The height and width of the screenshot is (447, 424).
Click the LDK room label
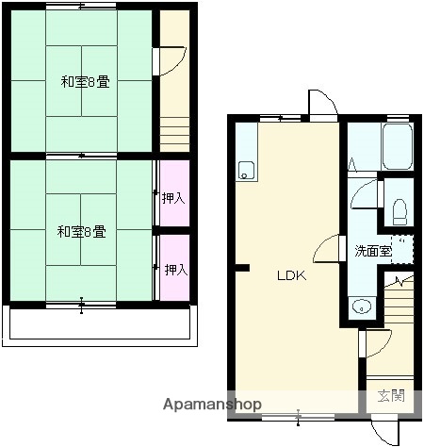click(290, 276)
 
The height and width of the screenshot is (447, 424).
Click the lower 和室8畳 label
click(80, 230)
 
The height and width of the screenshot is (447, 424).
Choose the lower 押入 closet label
click(175, 270)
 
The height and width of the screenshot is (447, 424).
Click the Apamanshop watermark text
click(213, 404)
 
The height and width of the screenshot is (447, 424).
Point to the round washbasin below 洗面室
click(360, 306)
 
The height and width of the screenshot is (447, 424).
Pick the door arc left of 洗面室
click(330, 249)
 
